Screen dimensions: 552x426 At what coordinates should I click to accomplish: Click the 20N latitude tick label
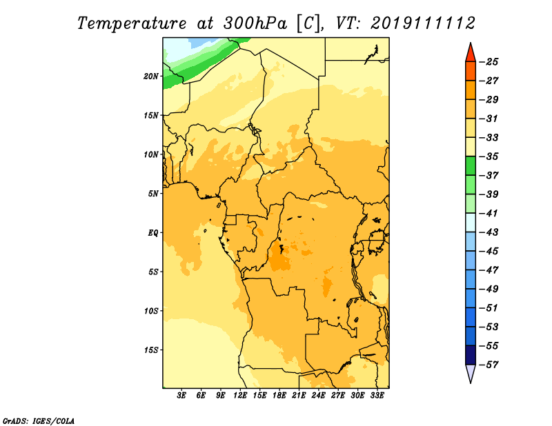coord(151,77)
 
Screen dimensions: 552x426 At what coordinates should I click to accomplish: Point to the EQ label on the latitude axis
coord(153,233)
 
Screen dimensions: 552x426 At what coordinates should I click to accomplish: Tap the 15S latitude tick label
coord(151,350)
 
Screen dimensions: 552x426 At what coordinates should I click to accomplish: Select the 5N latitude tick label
coord(153,194)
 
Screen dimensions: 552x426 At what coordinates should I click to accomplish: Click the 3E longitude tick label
coord(181,396)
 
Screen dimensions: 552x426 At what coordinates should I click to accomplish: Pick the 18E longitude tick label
coord(279,396)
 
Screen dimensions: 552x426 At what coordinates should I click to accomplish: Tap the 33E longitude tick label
coord(377,396)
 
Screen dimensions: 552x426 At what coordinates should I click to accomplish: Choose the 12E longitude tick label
coord(240,396)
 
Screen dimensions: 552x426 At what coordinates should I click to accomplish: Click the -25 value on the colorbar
coord(489,62)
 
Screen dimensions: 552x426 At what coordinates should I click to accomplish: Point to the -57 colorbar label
coord(489,365)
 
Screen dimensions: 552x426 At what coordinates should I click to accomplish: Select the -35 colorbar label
coord(489,156)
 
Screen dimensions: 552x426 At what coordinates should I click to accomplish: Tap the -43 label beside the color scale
coord(489,232)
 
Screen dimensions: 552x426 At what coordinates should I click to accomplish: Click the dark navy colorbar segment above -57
coord(471,355)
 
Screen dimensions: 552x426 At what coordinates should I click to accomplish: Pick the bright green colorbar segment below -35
coord(471,166)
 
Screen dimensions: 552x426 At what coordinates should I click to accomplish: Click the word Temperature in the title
coord(132,23)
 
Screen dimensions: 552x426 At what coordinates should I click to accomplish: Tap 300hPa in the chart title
coord(255,23)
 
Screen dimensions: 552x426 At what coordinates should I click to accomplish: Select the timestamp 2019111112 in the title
coord(423,23)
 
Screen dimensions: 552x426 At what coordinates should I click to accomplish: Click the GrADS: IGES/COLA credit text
coord(39,420)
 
